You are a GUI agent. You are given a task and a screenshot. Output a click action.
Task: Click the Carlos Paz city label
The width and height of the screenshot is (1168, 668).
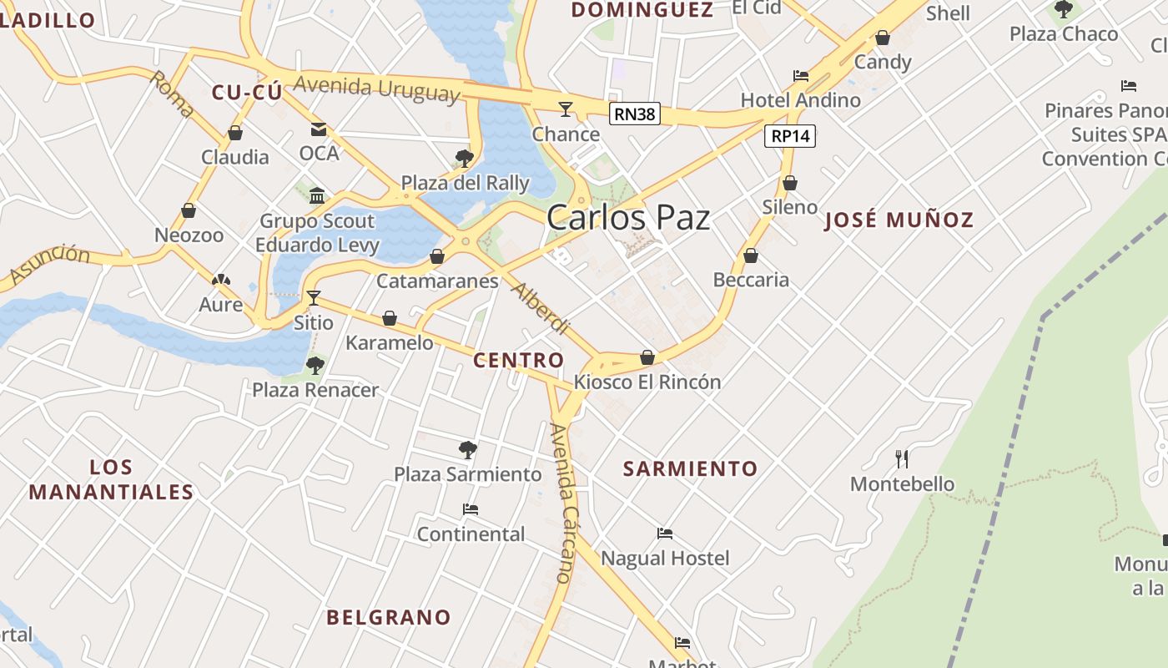coord(628,218)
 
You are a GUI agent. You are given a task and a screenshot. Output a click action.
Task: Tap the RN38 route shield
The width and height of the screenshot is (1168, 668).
coord(634,114)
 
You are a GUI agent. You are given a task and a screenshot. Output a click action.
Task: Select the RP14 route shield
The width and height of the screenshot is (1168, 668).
coord(790,136)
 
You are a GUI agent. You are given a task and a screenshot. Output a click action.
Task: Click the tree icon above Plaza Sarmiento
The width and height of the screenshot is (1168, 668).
coord(468,450)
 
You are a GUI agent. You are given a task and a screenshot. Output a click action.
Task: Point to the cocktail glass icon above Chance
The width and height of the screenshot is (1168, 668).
coord(566,109)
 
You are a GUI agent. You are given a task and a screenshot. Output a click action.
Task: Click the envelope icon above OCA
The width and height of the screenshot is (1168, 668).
coord(319,129)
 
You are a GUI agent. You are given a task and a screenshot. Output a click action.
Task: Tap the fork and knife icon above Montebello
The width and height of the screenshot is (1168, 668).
coord(901,458)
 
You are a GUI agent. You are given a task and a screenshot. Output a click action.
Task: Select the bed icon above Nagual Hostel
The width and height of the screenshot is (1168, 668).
coord(665,533)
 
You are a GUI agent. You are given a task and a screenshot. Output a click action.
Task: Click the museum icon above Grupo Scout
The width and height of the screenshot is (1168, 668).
coord(317,196)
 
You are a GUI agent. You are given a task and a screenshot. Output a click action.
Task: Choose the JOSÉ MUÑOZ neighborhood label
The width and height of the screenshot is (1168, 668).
coord(899,220)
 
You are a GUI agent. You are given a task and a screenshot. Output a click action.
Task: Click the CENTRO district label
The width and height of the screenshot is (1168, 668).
coord(518,360)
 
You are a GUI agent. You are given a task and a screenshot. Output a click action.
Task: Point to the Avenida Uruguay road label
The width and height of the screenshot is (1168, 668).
coord(377,88)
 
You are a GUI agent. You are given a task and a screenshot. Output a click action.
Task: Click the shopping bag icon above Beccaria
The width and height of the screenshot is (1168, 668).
coord(751,256)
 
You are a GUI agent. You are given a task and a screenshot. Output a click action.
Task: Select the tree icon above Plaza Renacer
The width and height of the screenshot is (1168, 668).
coord(315,365)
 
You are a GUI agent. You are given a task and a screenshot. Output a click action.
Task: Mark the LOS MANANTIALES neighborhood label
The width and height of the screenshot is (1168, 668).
coord(111,479)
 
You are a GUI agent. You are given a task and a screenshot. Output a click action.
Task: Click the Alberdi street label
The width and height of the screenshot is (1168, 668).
coord(541,308)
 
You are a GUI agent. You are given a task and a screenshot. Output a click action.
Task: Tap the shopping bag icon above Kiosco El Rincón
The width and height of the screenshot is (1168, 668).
coord(647,357)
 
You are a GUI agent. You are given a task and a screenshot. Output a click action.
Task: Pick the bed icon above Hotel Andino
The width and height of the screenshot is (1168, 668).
coord(801,75)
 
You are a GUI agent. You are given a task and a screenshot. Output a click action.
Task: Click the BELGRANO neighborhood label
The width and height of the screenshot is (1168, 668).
coord(389,617)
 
